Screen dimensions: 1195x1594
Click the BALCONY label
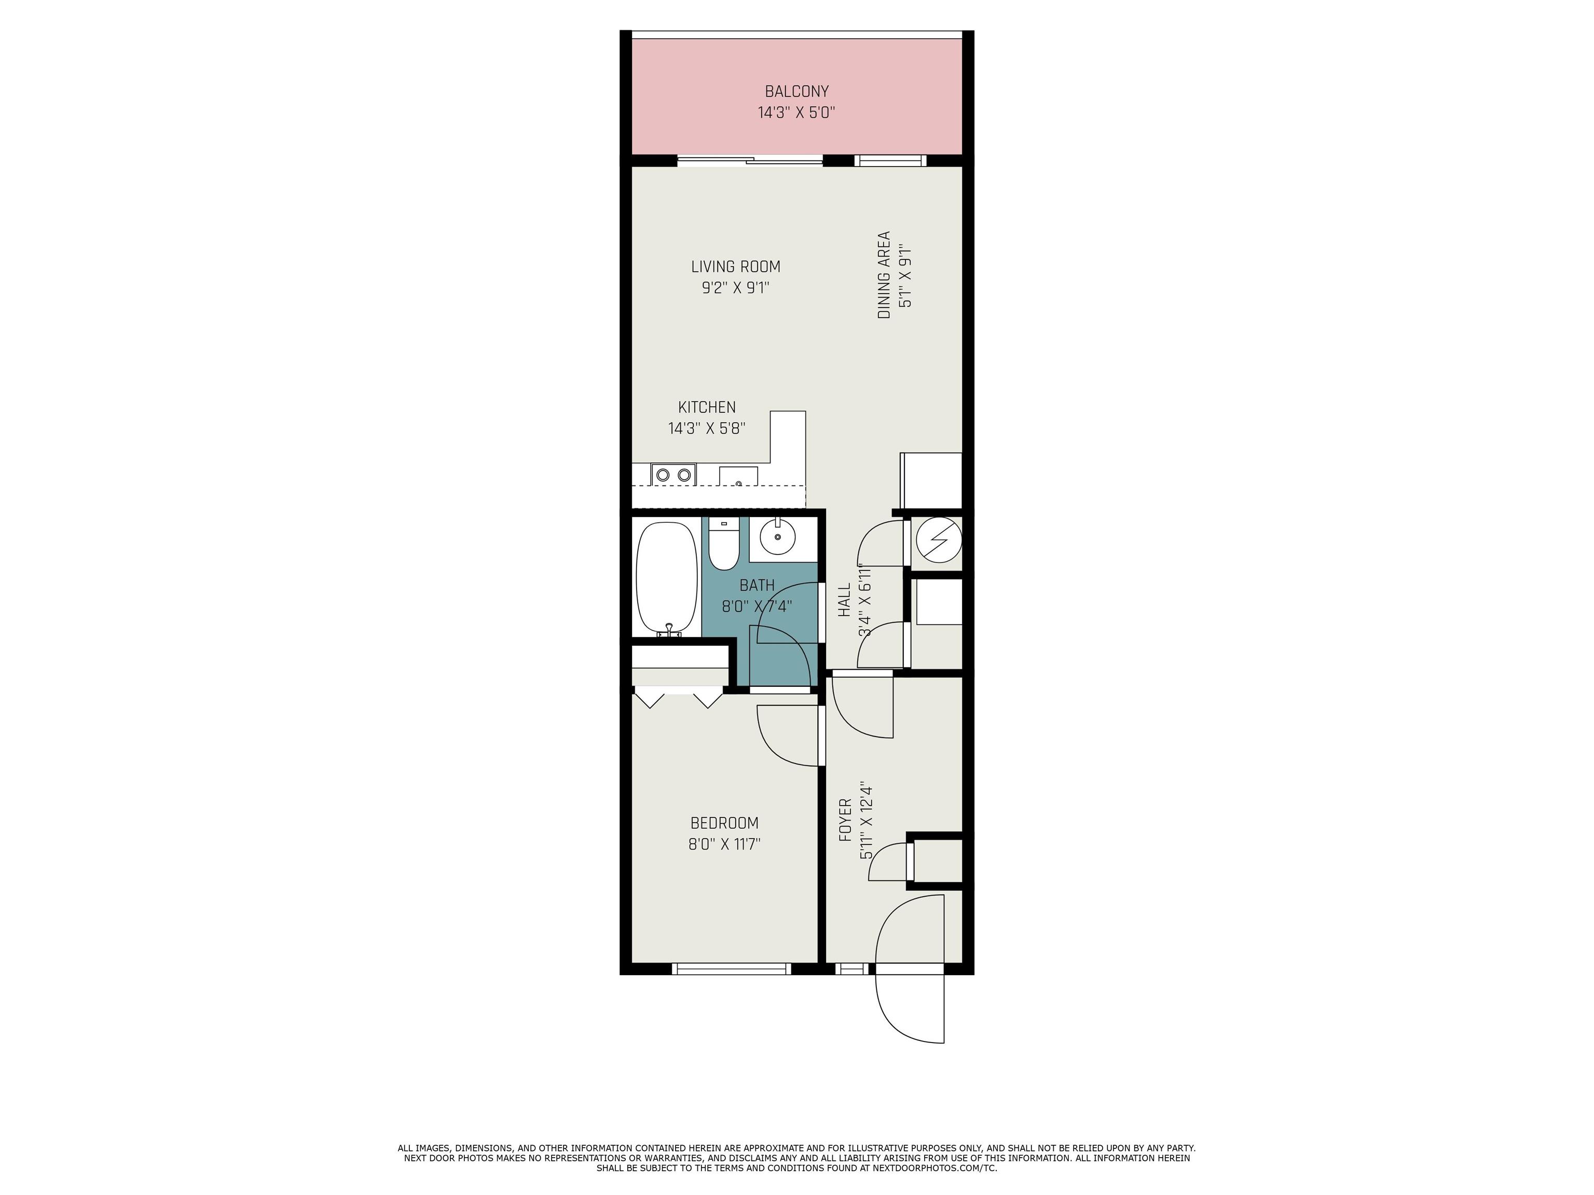(796, 91)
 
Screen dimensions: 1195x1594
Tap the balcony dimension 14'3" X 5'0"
(796, 113)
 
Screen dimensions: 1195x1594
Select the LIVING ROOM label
(735, 267)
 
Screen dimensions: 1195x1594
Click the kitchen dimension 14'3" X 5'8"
(706, 428)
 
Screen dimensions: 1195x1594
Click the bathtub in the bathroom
(667, 578)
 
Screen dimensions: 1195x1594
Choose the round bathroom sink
(778, 537)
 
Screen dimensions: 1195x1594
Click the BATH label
(757, 586)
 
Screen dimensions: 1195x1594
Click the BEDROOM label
(724, 823)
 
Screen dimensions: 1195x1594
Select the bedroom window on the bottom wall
(732, 969)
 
